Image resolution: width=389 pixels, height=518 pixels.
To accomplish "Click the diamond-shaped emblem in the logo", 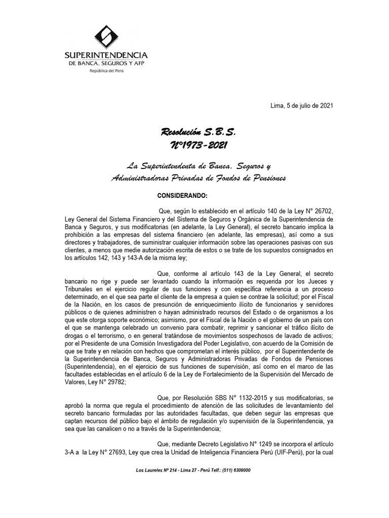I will pyautogui.click(x=106, y=38).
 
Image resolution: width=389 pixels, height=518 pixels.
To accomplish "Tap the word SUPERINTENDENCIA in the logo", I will pyautogui.click(x=106, y=55).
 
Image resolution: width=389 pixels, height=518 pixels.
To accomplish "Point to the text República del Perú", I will pyautogui.click(x=106, y=71).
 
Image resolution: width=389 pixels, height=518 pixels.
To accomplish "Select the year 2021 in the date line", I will pyautogui.click(x=325, y=105).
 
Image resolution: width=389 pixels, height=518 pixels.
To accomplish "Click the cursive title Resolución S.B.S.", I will pyautogui.click(x=198, y=133).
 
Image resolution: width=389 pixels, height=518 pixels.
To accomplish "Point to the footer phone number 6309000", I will pyautogui.click(x=240, y=470).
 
